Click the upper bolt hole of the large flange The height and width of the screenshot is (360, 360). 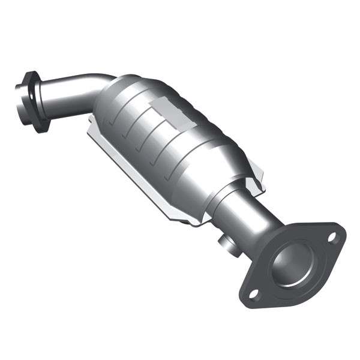[332, 237]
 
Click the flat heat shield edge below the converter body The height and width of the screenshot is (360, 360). [138, 180]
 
